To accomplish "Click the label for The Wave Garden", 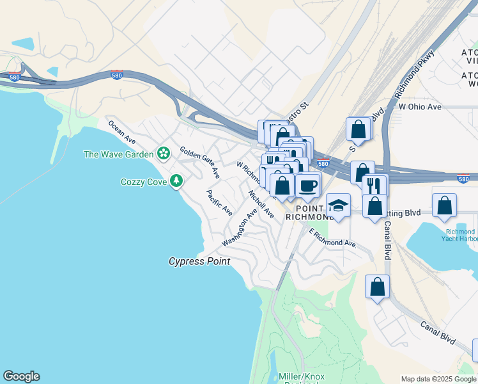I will pyautogui.click(x=119, y=154).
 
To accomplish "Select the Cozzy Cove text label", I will pyautogui.click(x=144, y=182).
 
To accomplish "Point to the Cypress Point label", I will pyautogui.click(x=199, y=261).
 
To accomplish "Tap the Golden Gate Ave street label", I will pyautogui.click(x=200, y=163).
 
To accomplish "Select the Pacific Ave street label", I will pyautogui.click(x=219, y=202).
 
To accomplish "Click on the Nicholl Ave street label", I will pyautogui.click(x=261, y=205).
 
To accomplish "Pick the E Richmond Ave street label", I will pyautogui.click(x=332, y=238).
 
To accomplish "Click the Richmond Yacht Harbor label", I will pyautogui.click(x=459, y=235).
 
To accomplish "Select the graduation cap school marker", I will pyautogui.click(x=338, y=206).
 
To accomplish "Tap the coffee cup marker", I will pyautogui.click(x=307, y=186).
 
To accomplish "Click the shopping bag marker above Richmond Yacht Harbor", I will pyautogui.click(x=444, y=205).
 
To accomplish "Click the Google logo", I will pyautogui.click(x=21, y=376).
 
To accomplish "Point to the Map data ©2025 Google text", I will pyautogui.click(x=438, y=379).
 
